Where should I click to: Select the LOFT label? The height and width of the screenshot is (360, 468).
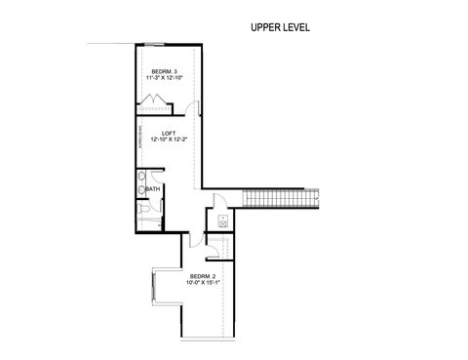169,133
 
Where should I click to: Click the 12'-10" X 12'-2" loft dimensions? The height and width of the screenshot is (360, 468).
169,140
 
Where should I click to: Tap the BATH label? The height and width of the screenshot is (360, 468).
153,188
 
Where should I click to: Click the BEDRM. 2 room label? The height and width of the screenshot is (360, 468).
204,278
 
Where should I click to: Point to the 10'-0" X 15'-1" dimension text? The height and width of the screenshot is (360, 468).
204,285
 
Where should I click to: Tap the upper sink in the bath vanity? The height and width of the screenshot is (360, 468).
141,178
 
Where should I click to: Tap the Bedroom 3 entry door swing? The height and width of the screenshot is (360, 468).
192,107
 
